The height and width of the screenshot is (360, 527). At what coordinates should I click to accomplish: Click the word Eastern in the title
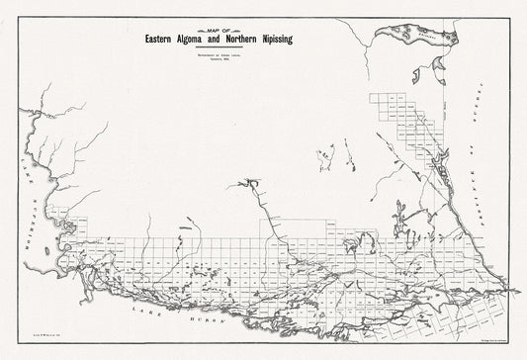[162, 41]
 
